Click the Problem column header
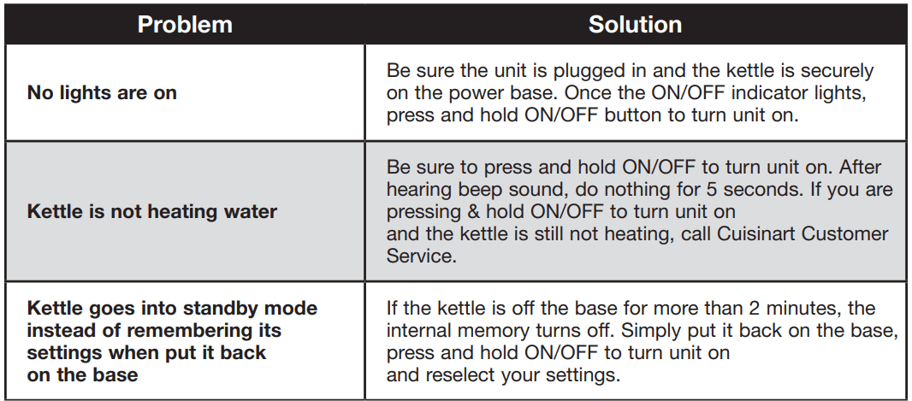[185, 25]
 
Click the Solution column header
[635, 25]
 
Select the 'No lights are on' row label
[102, 93]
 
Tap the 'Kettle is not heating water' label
[151, 211]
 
